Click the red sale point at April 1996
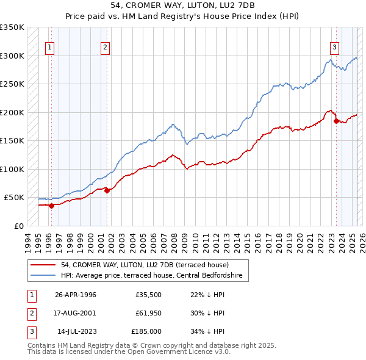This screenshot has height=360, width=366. [x=51, y=206]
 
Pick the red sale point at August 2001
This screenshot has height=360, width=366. [x=107, y=190]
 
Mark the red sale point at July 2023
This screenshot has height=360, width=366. [x=336, y=121]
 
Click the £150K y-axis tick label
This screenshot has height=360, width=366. [x=13, y=141]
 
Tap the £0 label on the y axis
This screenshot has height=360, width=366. [x=18, y=226]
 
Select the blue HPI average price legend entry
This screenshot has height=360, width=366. [x=152, y=276]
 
